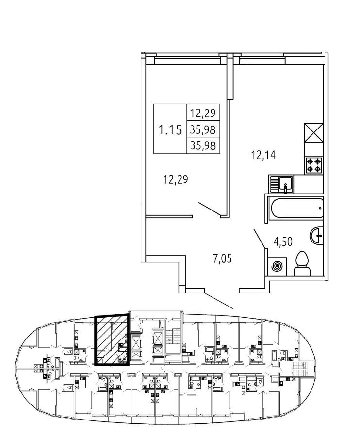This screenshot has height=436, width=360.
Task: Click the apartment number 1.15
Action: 170,130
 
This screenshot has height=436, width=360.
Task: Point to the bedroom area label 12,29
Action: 175,180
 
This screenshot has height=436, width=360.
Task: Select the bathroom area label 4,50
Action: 282,242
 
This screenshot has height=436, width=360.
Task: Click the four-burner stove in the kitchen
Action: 314,165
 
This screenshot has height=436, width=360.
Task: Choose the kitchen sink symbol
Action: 283,184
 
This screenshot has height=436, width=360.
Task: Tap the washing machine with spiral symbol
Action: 277,266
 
